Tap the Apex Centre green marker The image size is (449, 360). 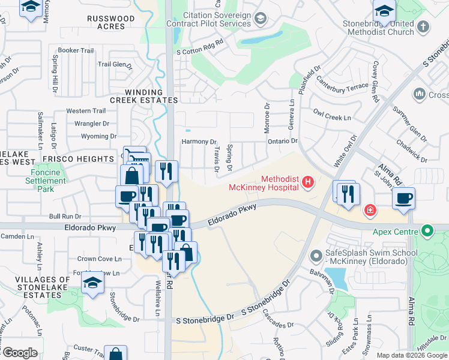pyautogui.click(x=427, y=230)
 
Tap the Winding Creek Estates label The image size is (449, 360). pyautogui.click(x=142, y=96)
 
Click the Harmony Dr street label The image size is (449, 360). pyautogui.click(x=199, y=142)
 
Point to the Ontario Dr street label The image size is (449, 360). pyautogui.click(x=282, y=141)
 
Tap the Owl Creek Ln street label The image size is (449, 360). pyautogui.click(x=332, y=115)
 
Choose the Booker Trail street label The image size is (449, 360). pyautogui.click(x=76, y=50)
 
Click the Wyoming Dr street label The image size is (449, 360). pyautogui.click(x=98, y=136)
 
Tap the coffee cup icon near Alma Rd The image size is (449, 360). pyautogui.click(x=404, y=199)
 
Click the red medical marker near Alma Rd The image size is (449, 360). pyautogui.click(x=371, y=210)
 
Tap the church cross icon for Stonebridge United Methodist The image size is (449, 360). pyautogui.click(x=423, y=26)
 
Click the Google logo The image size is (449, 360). pyautogui.click(x=20, y=353)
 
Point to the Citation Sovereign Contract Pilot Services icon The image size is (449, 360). pyautogui.click(x=260, y=19)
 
